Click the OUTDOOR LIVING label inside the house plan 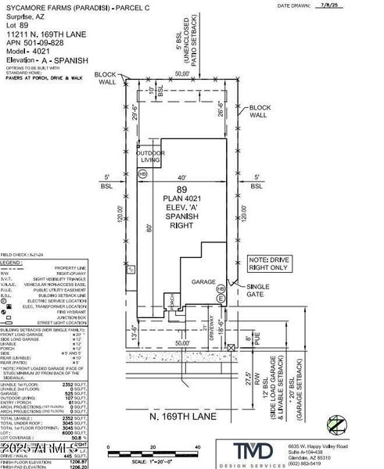[x=152, y=156]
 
